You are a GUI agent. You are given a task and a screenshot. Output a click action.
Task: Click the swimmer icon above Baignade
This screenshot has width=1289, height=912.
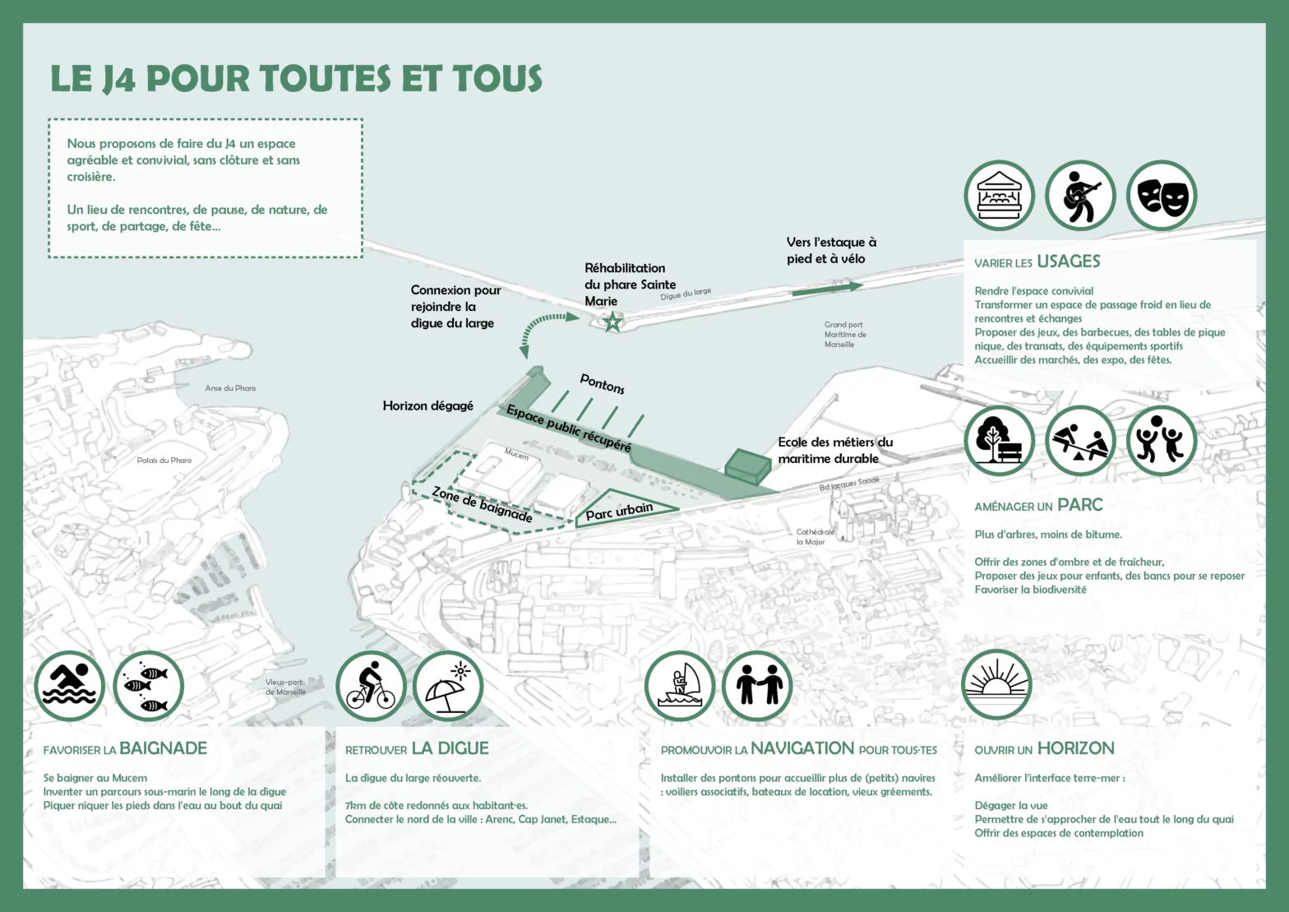70,686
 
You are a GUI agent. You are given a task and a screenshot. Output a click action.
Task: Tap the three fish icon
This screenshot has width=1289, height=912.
148,686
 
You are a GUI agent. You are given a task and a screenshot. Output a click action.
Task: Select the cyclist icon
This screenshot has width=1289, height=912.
371,686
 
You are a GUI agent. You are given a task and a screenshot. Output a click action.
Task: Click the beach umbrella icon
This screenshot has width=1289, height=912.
448,686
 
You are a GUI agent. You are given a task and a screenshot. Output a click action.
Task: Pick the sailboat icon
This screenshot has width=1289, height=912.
680,686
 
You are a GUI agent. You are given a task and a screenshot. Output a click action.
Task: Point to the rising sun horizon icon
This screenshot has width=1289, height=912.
996,686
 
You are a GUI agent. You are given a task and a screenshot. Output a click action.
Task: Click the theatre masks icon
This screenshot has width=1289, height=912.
1161,196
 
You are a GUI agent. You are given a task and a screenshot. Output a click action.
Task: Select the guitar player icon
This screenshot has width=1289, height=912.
1079,196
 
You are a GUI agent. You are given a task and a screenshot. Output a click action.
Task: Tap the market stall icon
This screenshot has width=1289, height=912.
999,196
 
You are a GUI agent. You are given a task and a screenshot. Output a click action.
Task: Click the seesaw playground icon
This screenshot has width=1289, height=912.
1079,441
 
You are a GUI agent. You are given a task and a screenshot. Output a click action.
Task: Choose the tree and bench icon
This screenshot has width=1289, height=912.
999,441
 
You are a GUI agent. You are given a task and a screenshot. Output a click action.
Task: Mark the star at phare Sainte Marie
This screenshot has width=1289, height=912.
612,322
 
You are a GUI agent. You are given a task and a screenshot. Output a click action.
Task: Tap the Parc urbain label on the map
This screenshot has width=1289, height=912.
619,512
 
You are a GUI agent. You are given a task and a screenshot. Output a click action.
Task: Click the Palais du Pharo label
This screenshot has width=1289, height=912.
164,461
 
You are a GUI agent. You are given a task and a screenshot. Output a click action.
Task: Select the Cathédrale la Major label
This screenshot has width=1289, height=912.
814,537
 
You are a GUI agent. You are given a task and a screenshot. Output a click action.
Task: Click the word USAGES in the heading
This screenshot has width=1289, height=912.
1068,262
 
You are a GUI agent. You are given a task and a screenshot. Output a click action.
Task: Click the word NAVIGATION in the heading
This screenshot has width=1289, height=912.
802,748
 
